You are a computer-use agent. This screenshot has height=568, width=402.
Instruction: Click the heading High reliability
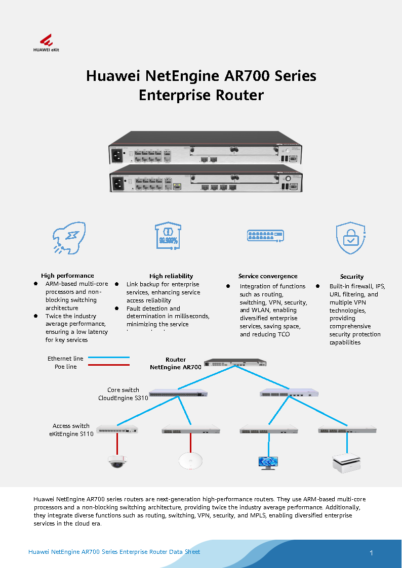pyautogui.click(x=171, y=276)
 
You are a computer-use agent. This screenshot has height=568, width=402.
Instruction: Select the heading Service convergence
pyautogui.click(x=268, y=276)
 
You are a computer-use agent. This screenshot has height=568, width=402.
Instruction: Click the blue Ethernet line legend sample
pyautogui.click(x=108, y=358)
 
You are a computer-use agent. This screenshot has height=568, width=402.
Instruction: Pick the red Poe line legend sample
pyautogui.click(x=108, y=365)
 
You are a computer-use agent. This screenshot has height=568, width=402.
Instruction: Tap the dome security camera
pyautogui.click(x=119, y=460)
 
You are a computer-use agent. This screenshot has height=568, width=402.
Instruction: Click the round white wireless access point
pyautogui.click(x=191, y=459)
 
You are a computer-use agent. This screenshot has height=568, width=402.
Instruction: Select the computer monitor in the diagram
pyautogui.click(x=267, y=462)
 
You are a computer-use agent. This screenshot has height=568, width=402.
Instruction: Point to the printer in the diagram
pyautogui.click(x=347, y=462)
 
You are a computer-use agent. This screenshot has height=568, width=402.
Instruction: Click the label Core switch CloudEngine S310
pyautogui.click(x=123, y=394)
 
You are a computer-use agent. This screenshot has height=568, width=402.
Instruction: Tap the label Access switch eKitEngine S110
pyautogui.click(x=71, y=430)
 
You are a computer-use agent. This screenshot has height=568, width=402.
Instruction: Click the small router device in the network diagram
pyautogui.click(x=235, y=363)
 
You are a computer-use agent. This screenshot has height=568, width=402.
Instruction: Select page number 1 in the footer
pyautogui.click(x=371, y=553)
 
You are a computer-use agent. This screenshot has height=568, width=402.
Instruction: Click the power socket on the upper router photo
pyautogui.click(x=119, y=154)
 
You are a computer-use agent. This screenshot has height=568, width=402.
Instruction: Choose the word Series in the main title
pyautogui.click(x=296, y=76)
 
